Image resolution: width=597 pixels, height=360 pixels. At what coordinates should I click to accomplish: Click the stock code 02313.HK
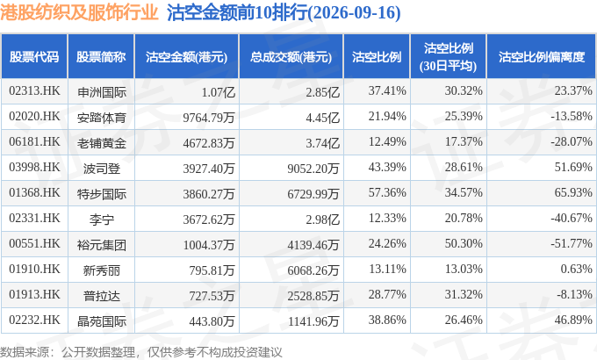point(34,90)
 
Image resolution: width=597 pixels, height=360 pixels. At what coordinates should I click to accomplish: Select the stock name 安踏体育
point(101,118)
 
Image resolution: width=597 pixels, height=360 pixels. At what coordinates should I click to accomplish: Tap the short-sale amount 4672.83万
point(209,143)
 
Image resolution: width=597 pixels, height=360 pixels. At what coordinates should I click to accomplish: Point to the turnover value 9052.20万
point(313,169)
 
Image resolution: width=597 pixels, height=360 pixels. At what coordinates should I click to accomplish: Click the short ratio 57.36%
point(387,192)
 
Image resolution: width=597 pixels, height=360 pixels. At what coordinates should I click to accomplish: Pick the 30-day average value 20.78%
point(464,218)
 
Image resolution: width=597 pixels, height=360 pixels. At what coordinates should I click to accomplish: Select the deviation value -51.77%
point(572,243)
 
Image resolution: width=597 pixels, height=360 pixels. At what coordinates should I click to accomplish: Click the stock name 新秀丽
point(101,270)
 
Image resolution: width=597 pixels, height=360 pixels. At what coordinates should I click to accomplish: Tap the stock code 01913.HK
point(34,294)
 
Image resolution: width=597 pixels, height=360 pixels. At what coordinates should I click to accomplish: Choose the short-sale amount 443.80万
point(212,321)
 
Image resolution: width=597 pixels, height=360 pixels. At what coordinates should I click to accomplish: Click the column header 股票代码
point(34,57)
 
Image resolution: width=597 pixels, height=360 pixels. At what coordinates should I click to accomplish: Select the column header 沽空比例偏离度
point(542,57)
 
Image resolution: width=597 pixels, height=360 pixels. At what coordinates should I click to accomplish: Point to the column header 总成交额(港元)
point(291,57)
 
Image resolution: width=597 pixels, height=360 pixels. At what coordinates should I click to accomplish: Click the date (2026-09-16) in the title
point(354,13)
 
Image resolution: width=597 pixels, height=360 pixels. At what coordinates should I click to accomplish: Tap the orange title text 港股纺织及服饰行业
point(79,13)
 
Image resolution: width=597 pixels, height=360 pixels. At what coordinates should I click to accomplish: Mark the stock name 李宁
point(101,220)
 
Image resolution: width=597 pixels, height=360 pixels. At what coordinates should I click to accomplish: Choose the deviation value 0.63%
point(576,269)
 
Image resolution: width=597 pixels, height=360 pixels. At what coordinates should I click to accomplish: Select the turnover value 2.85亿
point(322,92)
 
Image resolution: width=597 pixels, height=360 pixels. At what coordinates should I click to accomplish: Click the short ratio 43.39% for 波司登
point(387,167)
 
